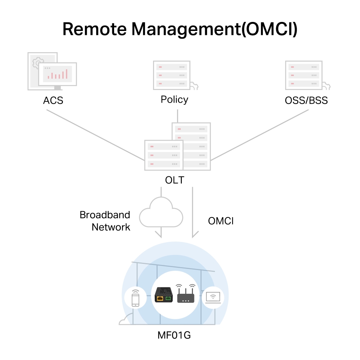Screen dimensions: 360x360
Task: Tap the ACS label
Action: [x=53, y=100]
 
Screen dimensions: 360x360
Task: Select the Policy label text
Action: [x=174, y=99]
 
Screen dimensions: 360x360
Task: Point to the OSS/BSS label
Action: [x=306, y=100]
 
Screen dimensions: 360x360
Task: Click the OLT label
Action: [x=175, y=180]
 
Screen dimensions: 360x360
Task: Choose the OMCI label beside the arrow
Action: [x=221, y=221]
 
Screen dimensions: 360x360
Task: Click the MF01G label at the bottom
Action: [x=174, y=336]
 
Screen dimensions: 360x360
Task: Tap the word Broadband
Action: [x=105, y=215]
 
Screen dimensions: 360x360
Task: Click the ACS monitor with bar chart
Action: [x=58, y=74]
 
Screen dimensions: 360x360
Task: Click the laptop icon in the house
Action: [x=213, y=298]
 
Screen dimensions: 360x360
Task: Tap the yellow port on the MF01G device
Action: [x=159, y=298]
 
